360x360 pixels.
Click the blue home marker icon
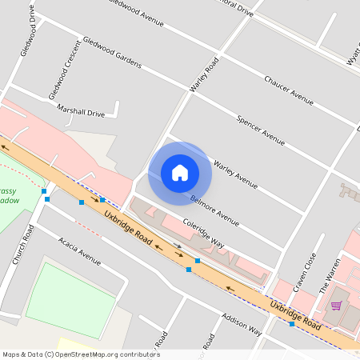click(x=180, y=172)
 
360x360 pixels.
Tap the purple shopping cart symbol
click(x=336, y=305)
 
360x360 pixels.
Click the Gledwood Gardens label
click(x=112, y=52)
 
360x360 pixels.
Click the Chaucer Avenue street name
click(x=288, y=90)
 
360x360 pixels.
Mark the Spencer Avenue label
click(x=261, y=130)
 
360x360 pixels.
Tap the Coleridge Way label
click(x=203, y=234)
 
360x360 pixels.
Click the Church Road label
click(x=22, y=244)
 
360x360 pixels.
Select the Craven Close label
click(x=305, y=272)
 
